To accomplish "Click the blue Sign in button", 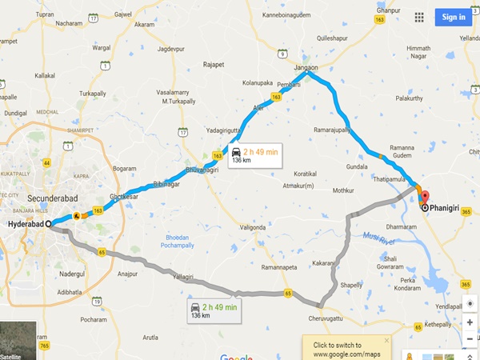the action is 453,17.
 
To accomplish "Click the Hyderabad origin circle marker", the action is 50,225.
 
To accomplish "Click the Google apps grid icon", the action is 419,17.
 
